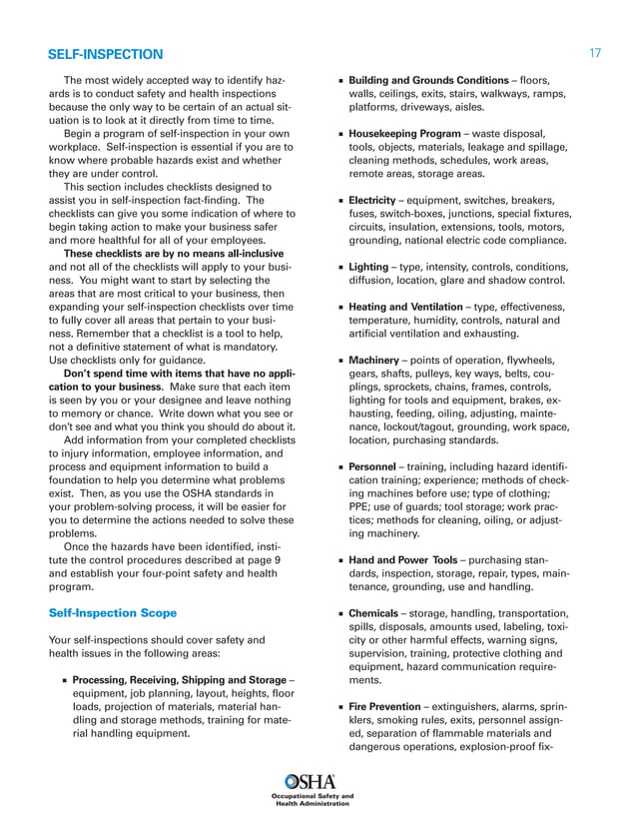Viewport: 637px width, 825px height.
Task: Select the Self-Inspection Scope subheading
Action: tap(113, 612)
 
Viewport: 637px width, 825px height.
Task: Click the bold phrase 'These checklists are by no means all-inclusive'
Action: tap(172, 253)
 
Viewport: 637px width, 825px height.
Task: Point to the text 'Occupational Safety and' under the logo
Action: tap(313, 796)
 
